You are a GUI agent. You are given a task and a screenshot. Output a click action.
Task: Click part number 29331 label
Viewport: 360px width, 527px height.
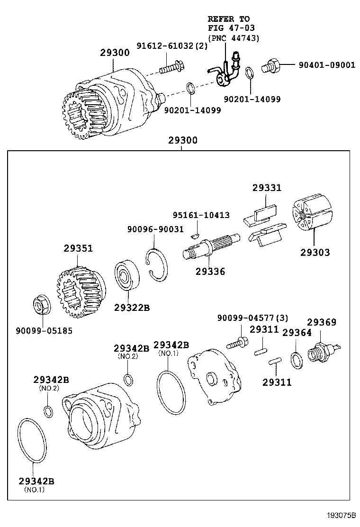click(x=266, y=188)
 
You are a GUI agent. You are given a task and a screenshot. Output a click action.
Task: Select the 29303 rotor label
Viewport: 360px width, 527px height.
click(x=315, y=252)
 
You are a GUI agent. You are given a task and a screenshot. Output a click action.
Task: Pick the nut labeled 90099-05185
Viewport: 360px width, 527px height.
click(x=39, y=305)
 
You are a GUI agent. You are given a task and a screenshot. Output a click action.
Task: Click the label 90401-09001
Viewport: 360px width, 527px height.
click(x=326, y=65)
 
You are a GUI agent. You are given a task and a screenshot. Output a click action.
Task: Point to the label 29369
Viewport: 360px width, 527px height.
click(x=322, y=323)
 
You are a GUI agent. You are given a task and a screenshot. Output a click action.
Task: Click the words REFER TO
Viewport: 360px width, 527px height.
click(x=228, y=19)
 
